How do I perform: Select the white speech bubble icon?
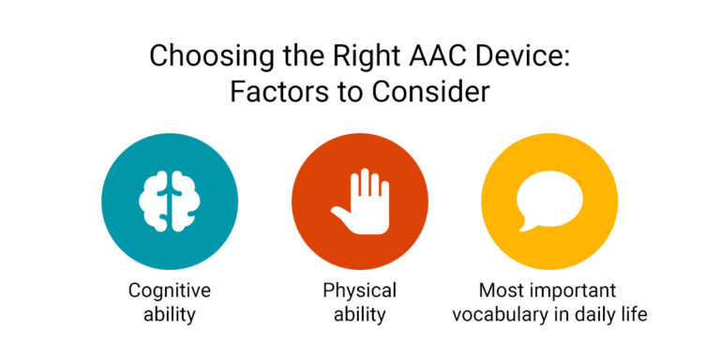pyautogui.click(x=549, y=199)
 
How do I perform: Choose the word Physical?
pyautogui.click(x=360, y=291)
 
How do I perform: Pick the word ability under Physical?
pyautogui.click(x=360, y=314)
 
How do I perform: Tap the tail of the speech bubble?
pyautogui.click(x=529, y=224)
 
